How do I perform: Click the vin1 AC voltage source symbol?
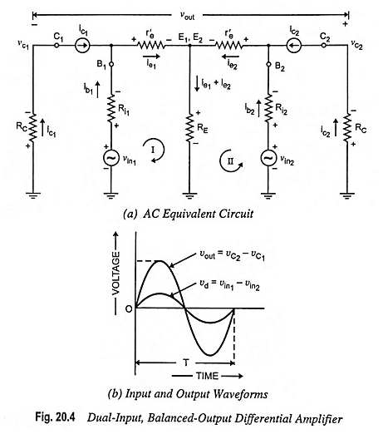tap(110, 158)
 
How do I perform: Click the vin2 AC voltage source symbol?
tap(268, 158)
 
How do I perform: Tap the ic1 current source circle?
tap(82, 45)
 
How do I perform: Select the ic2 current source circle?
tap(294, 45)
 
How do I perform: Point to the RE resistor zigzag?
tap(189, 128)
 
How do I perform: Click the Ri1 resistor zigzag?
tap(111, 109)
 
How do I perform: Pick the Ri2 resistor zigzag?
tap(268, 109)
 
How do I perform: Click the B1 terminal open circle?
tap(111, 64)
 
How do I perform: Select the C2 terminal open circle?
tap(323, 45)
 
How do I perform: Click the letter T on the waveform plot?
tap(186, 362)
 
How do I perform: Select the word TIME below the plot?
tap(208, 376)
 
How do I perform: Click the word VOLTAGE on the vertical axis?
tap(115, 274)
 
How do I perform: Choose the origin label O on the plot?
tap(129, 309)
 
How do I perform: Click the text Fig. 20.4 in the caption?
tap(55, 417)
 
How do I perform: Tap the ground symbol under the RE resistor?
tap(189, 195)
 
